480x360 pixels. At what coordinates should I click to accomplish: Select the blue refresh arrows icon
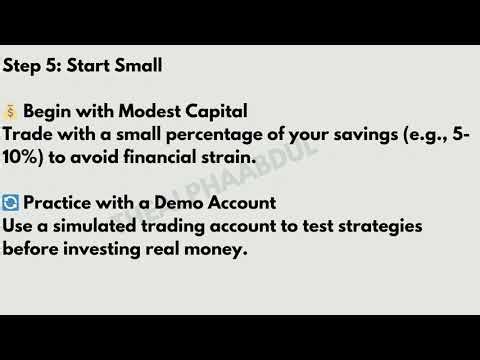tap(11, 204)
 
